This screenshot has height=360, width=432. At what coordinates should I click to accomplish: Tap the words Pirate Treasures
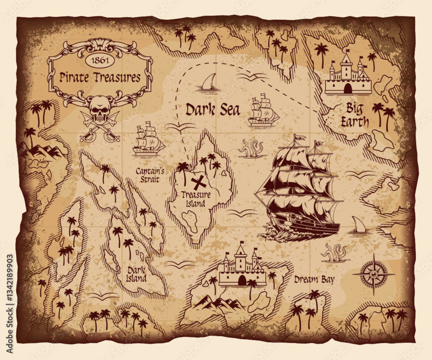click(x=100, y=78)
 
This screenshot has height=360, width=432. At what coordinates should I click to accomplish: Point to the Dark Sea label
click(x=212, y=110)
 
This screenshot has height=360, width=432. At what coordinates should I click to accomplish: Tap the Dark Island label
click(x=137, y=274)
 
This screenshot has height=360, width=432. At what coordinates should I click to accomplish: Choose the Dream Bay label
click(x=314, y=280)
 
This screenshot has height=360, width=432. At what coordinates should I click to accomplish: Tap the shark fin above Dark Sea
click(x=209, y=83)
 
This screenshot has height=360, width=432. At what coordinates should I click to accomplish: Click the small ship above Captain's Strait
click(x=148, y=139)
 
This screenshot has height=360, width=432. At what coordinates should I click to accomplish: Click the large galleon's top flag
click(x=299, y=137)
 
